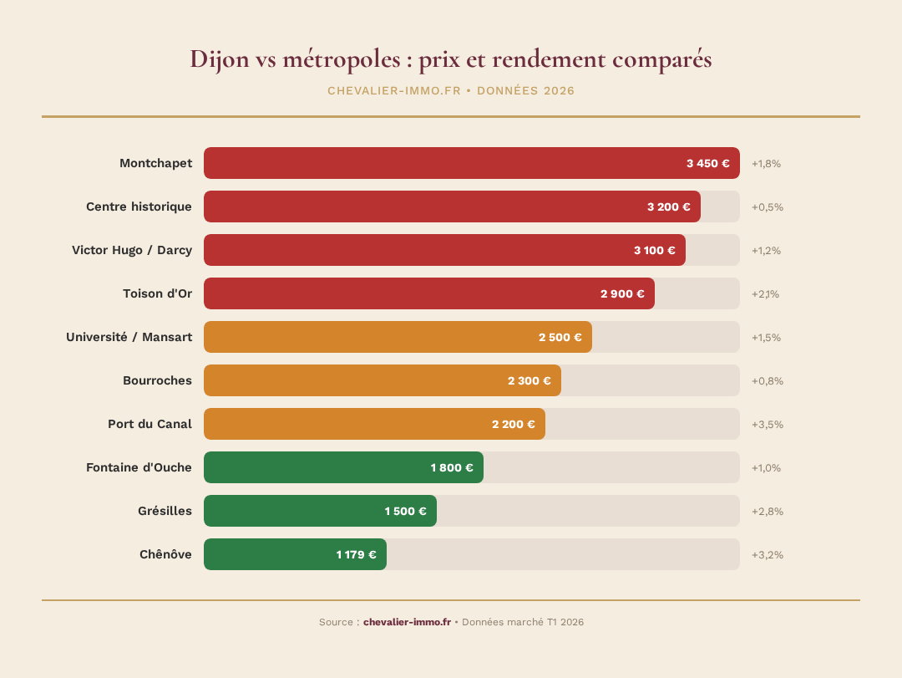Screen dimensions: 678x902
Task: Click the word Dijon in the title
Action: click(x=218, y=60)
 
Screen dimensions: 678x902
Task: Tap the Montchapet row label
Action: click(x=155, y=163)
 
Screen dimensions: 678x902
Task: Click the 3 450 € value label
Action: click(x=707, y=163)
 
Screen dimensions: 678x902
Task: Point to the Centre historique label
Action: click(x=139, y=206)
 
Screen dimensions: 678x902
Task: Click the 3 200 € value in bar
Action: click(x=668, y=206)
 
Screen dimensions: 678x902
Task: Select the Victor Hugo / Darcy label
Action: click(x=132, y=250)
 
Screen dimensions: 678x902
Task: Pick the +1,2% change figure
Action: click(x=766, y=250)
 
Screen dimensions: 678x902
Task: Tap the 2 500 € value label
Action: click(x=560, y=337)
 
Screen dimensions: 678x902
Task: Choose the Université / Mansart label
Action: click(x=129, y=337)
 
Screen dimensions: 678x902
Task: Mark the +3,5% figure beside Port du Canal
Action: click(x=767, y=424)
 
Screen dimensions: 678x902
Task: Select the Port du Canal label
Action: click(x=149, y=424)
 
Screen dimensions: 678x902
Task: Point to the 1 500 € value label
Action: click(x=405, y=511)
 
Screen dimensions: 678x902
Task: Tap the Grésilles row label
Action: click(x=165, y=511)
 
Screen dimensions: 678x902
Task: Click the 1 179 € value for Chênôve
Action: click(x=356, y=554)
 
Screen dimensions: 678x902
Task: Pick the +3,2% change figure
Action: click(x=767, y=554)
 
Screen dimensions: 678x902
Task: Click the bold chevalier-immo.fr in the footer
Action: click(x=407, y=622)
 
